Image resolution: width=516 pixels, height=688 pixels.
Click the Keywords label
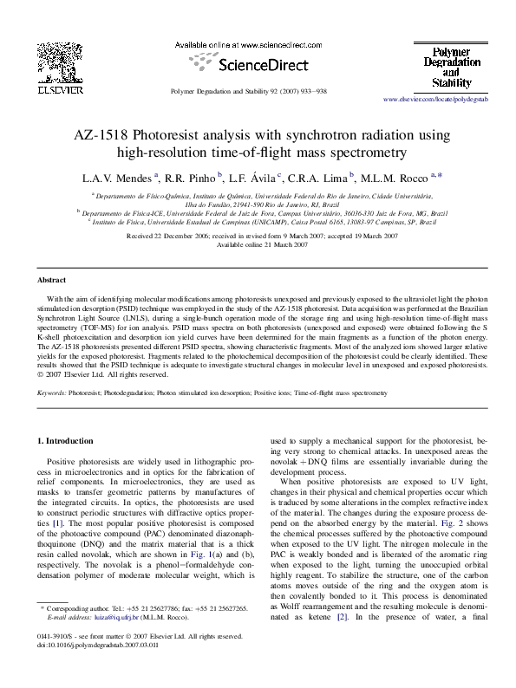coord(53,393)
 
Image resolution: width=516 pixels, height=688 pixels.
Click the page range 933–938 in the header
coord(310,90)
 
